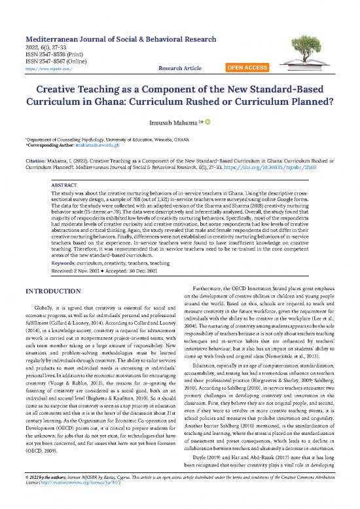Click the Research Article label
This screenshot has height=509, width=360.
point(185,67)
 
